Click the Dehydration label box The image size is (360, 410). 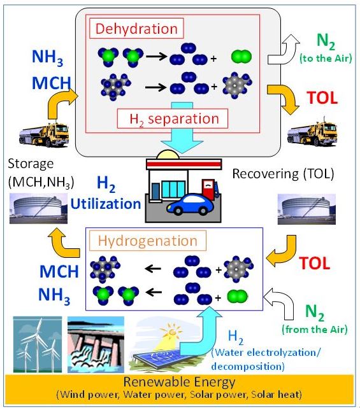click(x=136, y=28)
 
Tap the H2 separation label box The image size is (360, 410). click(x=173, y=118)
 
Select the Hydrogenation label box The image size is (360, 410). click(x=148, y=241)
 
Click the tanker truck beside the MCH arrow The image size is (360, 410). click(x=44, y=135)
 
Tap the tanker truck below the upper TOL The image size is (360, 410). click(x=312, y=134)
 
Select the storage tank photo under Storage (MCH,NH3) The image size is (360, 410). click(x=38, y=209)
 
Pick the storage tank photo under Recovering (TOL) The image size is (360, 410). click(x=306, y=209)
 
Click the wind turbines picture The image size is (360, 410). click(x=38, y=344)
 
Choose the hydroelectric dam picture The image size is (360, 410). click(x=96, y=344)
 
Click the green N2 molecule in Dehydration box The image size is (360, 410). click(x=241, y=57)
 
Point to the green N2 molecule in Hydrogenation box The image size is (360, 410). click(x=237, y=297)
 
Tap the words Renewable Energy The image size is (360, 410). click(x=180, y=382)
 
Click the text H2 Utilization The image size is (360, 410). click(x=106, y=194)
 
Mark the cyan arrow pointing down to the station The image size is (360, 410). click(x=182, y=127)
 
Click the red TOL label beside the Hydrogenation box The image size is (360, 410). click(x=314, y=263)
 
